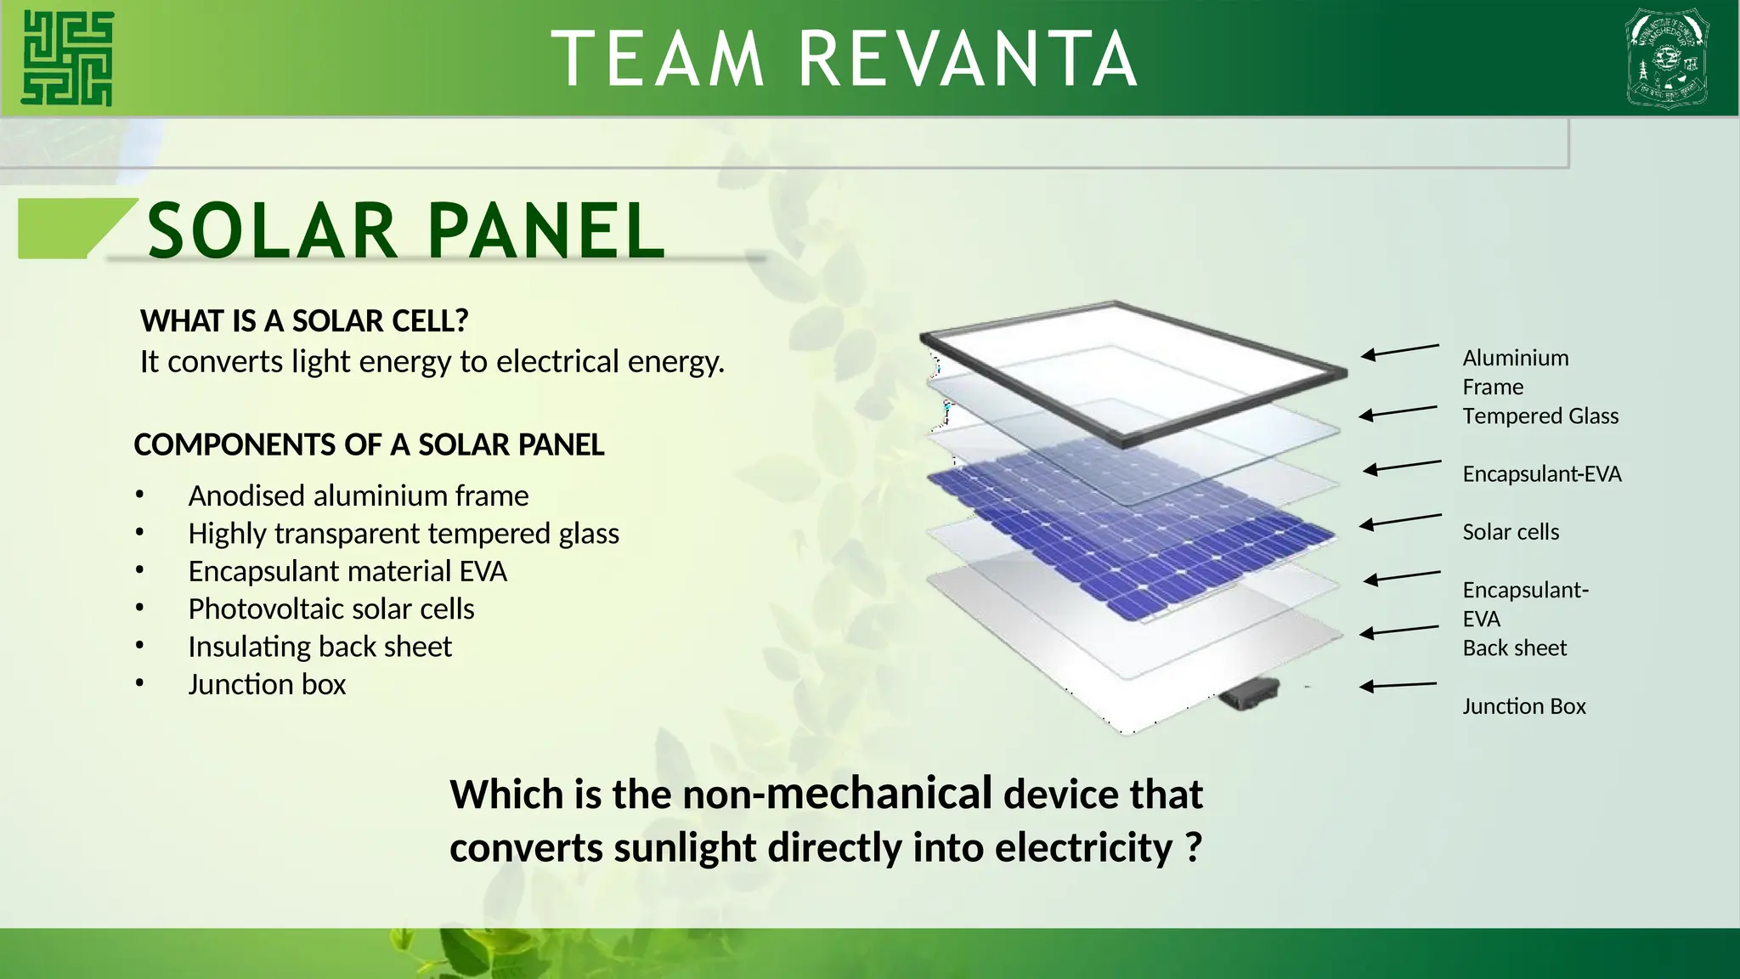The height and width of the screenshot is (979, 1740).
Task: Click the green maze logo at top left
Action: tap(67, 58)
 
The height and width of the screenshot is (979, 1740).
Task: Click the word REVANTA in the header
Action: tap(968, 59)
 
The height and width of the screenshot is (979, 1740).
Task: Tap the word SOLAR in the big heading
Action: tap(271, 231)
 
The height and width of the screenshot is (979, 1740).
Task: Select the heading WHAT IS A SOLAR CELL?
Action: tap(304, 321)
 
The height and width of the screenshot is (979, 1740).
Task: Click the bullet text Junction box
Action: tap(267, 684)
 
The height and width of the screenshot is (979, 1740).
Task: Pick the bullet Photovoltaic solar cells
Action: tap(331, 608)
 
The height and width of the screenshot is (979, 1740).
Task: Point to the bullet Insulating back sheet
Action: tap(319, 647)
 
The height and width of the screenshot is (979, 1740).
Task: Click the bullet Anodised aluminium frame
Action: tap(358, 495)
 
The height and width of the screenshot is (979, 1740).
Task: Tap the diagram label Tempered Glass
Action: tap(1539, 416)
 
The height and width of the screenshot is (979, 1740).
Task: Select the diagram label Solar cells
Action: tap(1511, 532)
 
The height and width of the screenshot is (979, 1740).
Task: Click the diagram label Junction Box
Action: tap(1523, 706)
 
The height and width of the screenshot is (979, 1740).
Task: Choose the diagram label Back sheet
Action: tap(1514, 648)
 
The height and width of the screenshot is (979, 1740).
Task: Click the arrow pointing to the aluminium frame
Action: tap(1399, 351)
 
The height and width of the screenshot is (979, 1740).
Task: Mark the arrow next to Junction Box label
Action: tap(1398, 685)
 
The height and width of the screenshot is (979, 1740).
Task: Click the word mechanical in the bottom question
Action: tap(878, 793)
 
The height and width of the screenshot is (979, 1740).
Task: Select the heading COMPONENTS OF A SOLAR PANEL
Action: tap(369, 445)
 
